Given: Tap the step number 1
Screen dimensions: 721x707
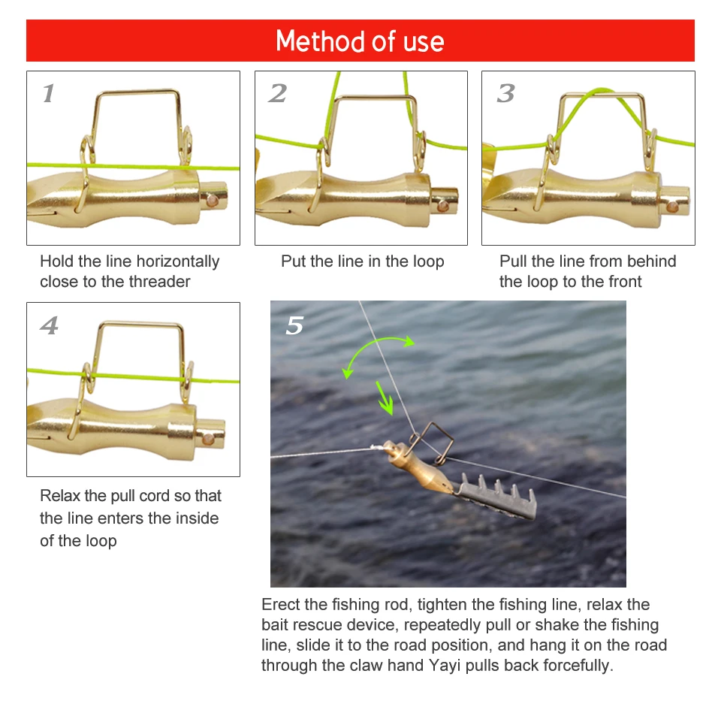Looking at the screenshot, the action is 49,93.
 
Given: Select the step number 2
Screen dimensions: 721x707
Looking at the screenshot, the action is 278,93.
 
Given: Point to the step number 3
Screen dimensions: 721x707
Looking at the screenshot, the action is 505,93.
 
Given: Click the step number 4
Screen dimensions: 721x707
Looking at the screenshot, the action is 50,325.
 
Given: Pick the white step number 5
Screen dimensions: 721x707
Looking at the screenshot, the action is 294,325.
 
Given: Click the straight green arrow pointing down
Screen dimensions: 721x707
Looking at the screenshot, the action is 385,398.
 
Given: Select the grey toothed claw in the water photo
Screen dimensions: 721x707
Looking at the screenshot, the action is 496,497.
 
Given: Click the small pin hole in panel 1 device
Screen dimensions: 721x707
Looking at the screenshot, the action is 212,201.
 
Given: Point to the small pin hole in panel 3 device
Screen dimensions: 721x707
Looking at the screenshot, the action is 673,207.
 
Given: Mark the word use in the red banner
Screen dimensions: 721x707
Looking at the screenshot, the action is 424,42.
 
